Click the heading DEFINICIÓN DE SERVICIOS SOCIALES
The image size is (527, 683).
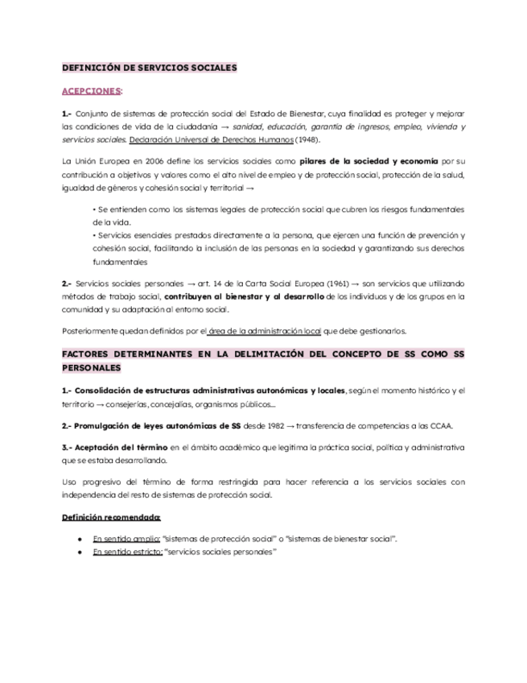pos(150,68)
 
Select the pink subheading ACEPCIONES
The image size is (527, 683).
pos(92,91)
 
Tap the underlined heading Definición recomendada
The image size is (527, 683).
pos(111,517)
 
